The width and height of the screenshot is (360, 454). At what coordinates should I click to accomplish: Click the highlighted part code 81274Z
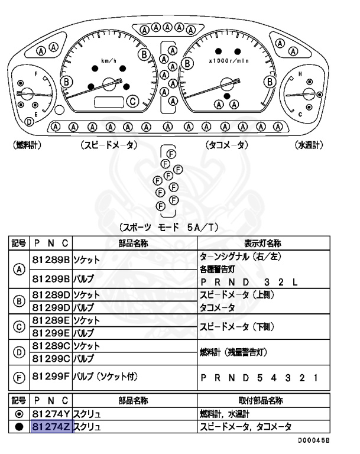point(51,427)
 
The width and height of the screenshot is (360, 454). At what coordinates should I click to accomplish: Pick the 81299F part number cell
point(51,377)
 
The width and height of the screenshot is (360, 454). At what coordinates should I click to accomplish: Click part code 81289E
point(51,320)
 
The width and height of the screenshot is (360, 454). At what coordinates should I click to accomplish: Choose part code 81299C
point(51,358)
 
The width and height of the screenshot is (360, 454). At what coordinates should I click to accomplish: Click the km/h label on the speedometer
point(108,61)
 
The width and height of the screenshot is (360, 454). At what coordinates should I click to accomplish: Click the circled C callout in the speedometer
point(134,101)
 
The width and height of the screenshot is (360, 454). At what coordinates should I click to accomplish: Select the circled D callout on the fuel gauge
point(28,122)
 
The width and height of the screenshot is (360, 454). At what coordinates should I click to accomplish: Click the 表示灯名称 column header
point(262,244)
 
